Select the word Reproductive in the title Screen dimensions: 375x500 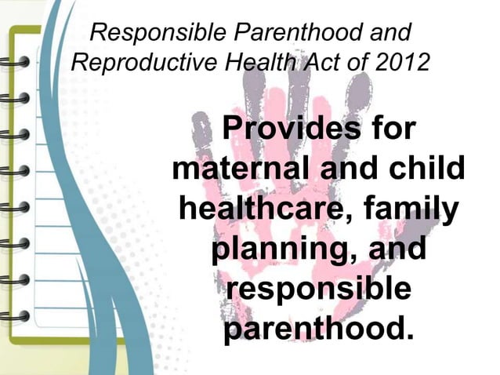pos(133,64)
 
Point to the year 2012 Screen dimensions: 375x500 pos(400,64)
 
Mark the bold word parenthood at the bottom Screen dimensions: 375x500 pos(317,332)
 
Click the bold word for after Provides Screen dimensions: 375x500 pos(388,129)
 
